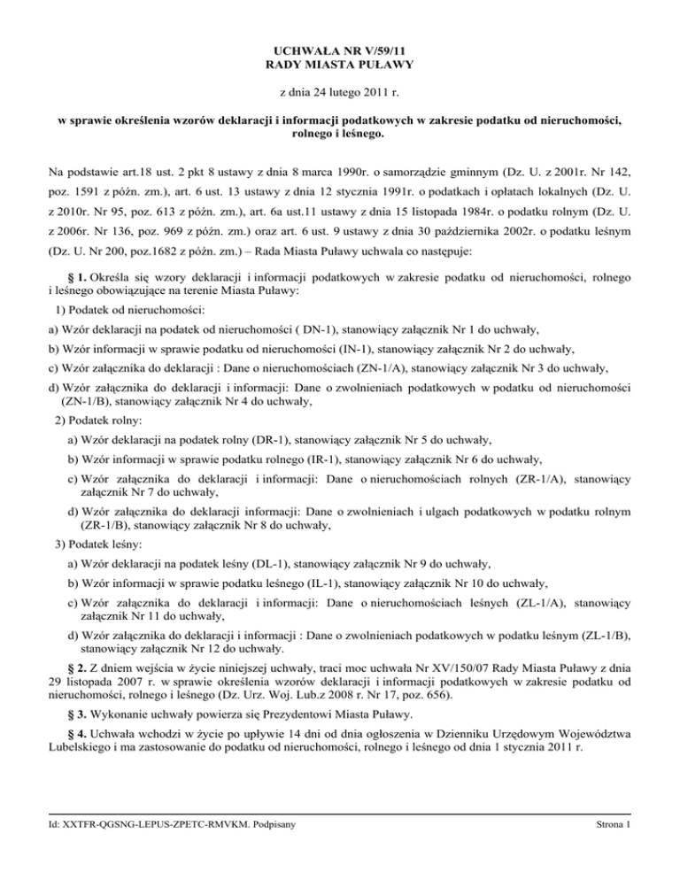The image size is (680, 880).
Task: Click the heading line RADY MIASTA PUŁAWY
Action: (340, 64)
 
